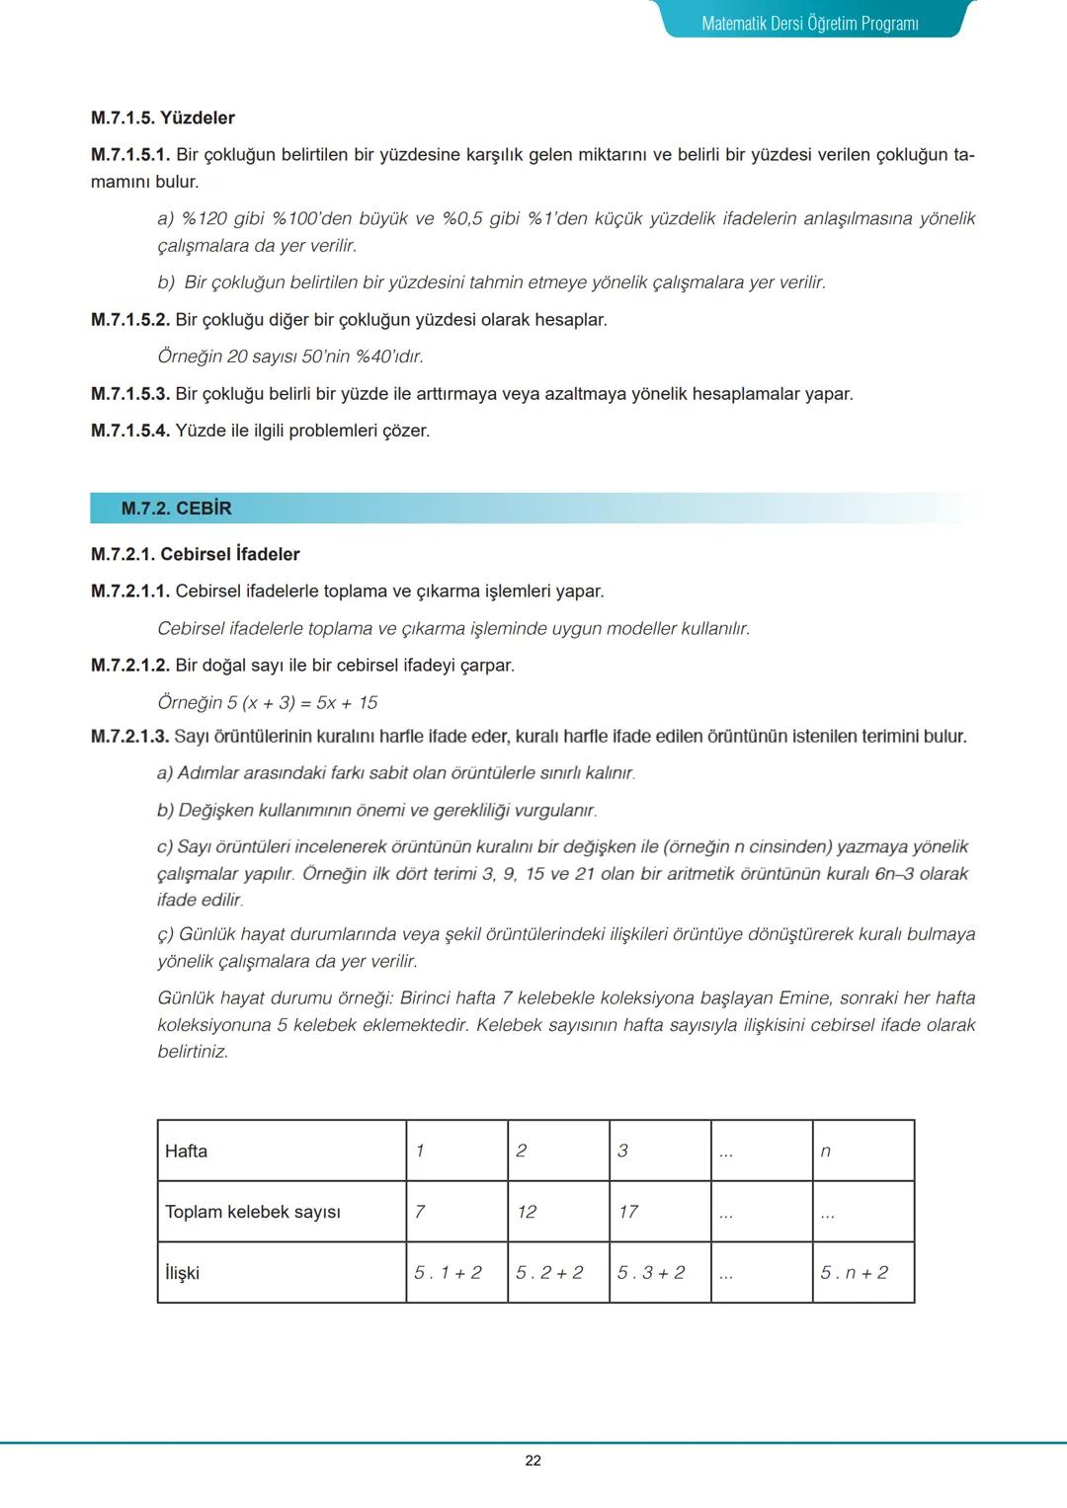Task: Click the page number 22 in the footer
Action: [x=533, y=1461]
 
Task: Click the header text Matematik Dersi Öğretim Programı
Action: [x=810, y=23]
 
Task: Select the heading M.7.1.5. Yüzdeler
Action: [x=163, y=118]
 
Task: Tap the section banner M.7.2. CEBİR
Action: [x=176, y=509]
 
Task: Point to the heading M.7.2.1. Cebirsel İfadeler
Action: [x=196, y=554]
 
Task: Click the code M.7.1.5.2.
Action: [x=130, y=320]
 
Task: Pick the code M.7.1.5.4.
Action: [x=130, y=431]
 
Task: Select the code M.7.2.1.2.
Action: [x=130, y=666]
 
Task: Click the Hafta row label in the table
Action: [x=186, y=1151]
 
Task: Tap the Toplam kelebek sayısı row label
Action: [x=253, y=1212]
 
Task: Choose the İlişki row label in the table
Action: [x=182, y=1273]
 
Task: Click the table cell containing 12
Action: [x=527, y=1212]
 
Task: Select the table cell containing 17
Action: [x=628, y=1212]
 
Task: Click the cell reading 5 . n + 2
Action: [x=854, y=1273]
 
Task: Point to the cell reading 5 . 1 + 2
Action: [x=448, y=1273]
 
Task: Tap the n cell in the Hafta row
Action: [x=826, y=1151]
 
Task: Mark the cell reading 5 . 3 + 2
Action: [x=651, y=1273]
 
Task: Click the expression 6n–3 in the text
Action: [x=894, y=874]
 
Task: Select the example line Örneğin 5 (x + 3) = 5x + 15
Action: [x=268, y=703]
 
